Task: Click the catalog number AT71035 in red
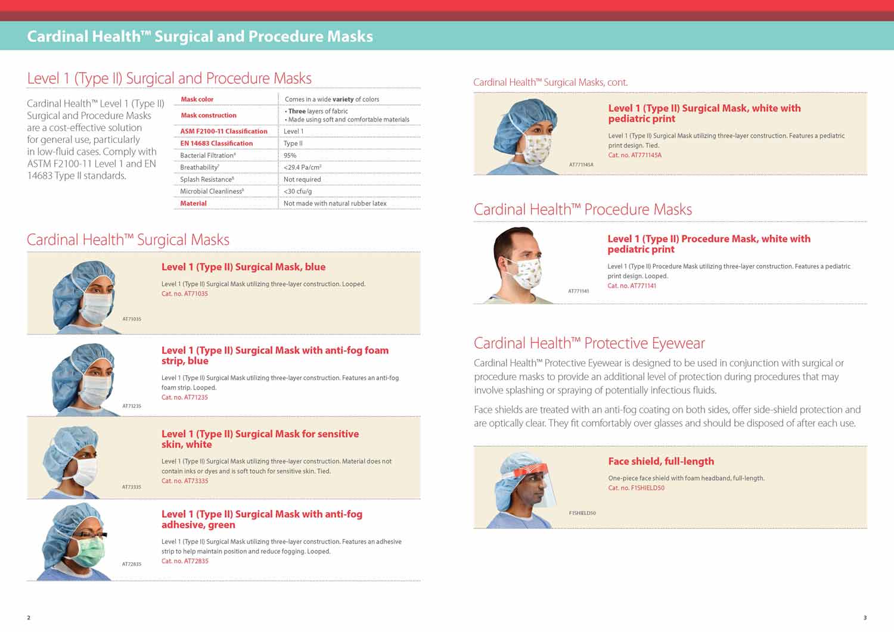pos(185,294)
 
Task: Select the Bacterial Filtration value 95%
pos(290,155)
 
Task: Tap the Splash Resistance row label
pos(207,179)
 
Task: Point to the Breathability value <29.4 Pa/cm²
pos(303,167)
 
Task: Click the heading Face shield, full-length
pos(661,461)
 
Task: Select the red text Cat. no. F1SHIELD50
pos(636,488)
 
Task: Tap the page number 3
pos(865,618)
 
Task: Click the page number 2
pos(29,618)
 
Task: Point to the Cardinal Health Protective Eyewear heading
pos(589,343)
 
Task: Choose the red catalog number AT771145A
pos(635,155)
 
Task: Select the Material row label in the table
pos(193,203)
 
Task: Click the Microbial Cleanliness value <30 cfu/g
pos(297,191)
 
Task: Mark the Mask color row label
pos(197,99)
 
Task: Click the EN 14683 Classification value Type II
pos(293,144)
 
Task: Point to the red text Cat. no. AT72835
pos(185,561)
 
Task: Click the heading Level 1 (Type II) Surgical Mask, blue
pos(243,267)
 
